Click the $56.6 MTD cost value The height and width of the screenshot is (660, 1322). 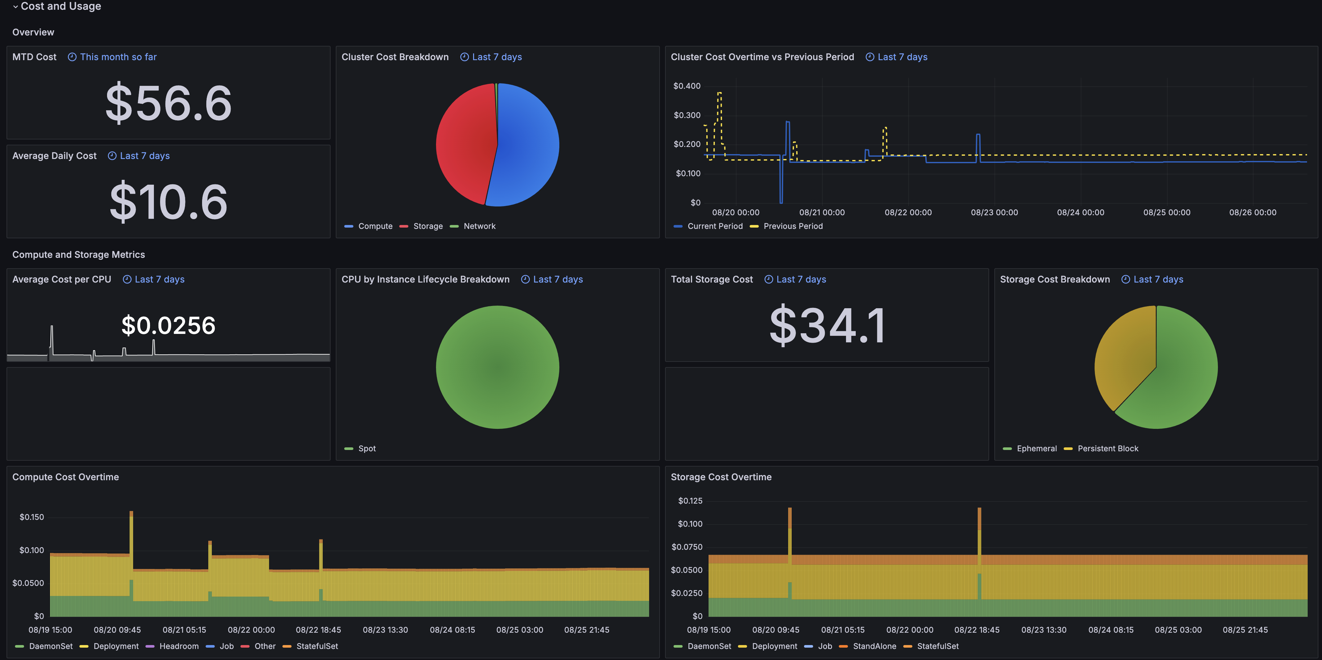point(168,103)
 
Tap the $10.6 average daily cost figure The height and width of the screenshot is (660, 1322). point(168,202)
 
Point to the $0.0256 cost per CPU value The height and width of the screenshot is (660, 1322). point(168,325)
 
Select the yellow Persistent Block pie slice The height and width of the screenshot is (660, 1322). point(1124,356)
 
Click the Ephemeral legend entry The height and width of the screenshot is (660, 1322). point(1030,449)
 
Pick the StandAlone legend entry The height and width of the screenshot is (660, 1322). point(868,646)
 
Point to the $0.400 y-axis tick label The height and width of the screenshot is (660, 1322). point(687,86)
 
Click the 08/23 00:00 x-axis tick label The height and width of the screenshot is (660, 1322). point(994,212)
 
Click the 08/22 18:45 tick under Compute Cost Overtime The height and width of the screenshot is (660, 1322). point(318,630)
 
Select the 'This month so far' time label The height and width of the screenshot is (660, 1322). point(118,57)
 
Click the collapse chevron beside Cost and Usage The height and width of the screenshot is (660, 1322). point(15,7)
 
